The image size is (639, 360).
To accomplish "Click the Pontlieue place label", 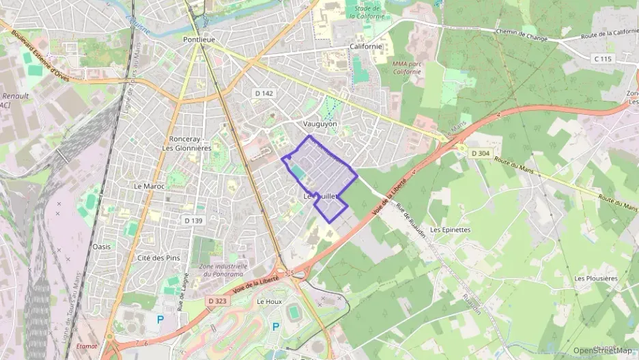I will coord(199,40).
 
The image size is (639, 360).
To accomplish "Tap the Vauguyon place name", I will coord(319,124).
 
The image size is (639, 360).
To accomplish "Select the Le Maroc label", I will coord(147,186).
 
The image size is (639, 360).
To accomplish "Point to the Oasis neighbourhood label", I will coord(101,246).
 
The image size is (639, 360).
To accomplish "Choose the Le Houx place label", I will coord(269,301).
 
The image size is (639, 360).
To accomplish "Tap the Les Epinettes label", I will coord(451,230).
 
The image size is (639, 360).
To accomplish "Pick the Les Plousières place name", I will coord(595,278).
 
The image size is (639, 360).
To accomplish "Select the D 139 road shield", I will coord(194,220).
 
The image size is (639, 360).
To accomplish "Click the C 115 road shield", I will coord(603,59).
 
